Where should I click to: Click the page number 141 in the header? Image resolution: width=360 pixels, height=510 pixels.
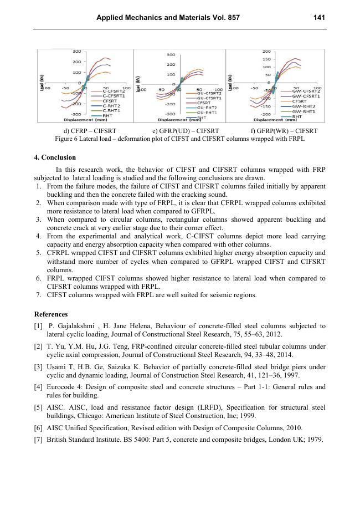318,18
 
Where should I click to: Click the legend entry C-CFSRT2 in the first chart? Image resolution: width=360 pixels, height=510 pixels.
112,90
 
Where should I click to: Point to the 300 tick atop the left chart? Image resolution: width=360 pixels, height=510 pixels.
77,51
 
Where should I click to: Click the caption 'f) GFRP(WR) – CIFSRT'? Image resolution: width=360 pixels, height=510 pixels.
284,131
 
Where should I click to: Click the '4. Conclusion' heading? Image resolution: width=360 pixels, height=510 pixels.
55,157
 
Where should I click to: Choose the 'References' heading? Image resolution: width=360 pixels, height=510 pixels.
52,314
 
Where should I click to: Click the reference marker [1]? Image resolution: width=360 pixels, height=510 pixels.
38,327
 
